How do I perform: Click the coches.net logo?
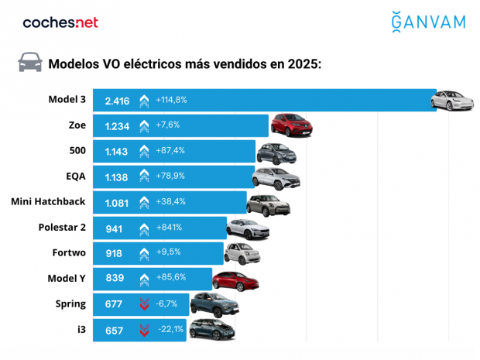(60, 22)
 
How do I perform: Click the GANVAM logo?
(428, 22)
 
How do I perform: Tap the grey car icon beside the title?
(30, 63)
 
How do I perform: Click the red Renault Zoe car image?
(290, 125)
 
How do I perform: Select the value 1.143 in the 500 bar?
(117, 151)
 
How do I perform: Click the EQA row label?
(75, 177)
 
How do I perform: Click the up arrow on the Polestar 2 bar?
(144, 228)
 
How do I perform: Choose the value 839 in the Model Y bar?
(114, 279)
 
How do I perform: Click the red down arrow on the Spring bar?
(144, 305)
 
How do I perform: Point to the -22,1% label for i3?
(170, 331)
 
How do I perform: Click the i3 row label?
(81, 330)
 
